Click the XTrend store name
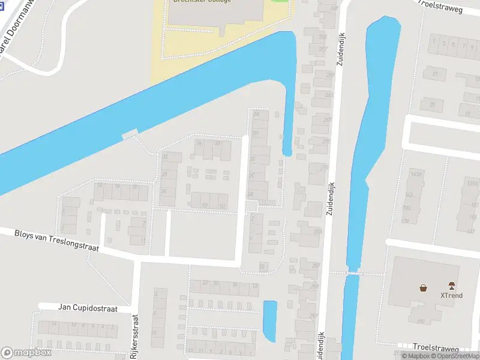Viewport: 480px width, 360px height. pyautogui.click(x=451, y=295)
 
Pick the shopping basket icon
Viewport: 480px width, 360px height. pyautogui.click(x=424, y=287)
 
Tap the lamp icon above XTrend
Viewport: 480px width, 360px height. pyautogui.click(x=451, y=285)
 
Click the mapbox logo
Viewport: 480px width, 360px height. pyautogui.click(x=26, y=352)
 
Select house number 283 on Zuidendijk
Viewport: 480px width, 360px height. pyautogui.click(x=317, y=231)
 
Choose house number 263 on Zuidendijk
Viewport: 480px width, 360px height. pyautogui.click(x=328, y=95)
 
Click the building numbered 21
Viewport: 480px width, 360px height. pyautogui.click(x=434, y=74)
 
